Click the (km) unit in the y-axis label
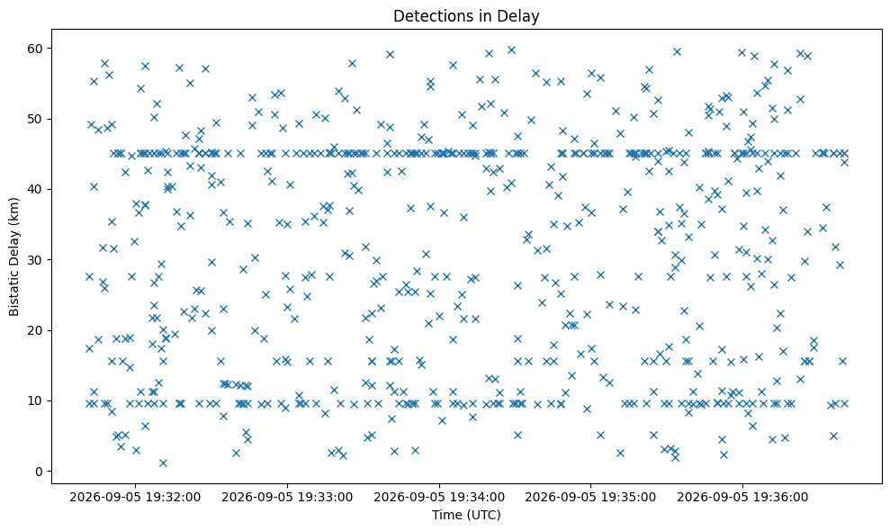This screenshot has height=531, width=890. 14,211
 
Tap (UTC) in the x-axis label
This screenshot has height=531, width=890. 482,515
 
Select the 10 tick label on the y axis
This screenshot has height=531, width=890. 36,400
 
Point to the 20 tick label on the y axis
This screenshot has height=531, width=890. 36,330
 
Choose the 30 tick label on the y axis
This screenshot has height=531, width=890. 36,260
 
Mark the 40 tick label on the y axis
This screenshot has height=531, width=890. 36,189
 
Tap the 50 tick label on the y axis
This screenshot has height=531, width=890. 36,119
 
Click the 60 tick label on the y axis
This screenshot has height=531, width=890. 36,49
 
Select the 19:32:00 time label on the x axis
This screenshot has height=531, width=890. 174,498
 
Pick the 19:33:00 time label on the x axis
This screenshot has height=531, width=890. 326,498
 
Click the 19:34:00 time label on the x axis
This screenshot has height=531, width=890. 478,498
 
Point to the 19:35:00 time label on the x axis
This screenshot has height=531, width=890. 629,498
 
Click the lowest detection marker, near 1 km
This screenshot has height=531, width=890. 163,463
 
